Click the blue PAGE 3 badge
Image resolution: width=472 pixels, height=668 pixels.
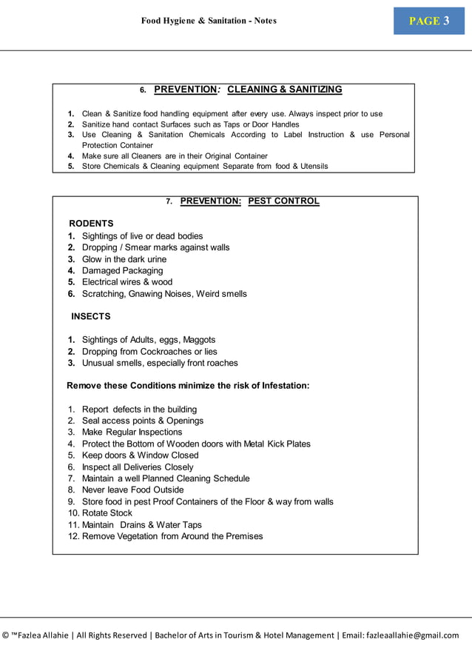tap(429, 21)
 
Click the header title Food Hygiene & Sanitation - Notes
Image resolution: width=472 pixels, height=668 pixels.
tap(209, 21)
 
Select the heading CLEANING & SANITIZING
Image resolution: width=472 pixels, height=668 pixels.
tap(284, 90)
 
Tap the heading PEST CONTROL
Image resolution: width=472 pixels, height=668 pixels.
tap(283, 201)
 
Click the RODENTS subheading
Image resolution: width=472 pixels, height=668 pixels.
tap(91, 224)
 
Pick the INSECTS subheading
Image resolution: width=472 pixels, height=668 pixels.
tap(91, 317)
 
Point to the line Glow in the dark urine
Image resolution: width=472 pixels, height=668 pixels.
tap(124, 259)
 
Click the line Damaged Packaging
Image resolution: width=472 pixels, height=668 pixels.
tap(122, 271)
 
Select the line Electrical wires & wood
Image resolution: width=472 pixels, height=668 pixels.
tap(127, 282)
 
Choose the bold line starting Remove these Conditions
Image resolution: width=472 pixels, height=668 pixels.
tap(188, 386)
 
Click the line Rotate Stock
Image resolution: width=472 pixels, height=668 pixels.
tap(107, 513)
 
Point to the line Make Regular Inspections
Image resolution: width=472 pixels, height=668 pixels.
tap(132, 432)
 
